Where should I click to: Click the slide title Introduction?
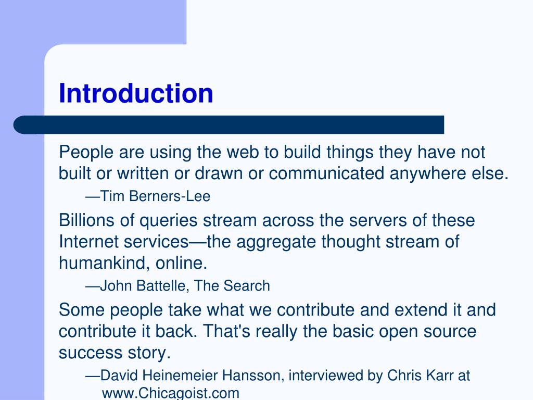point(136,93)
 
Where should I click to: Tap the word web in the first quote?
point(244,153)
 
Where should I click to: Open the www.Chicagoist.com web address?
point(170,393)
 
